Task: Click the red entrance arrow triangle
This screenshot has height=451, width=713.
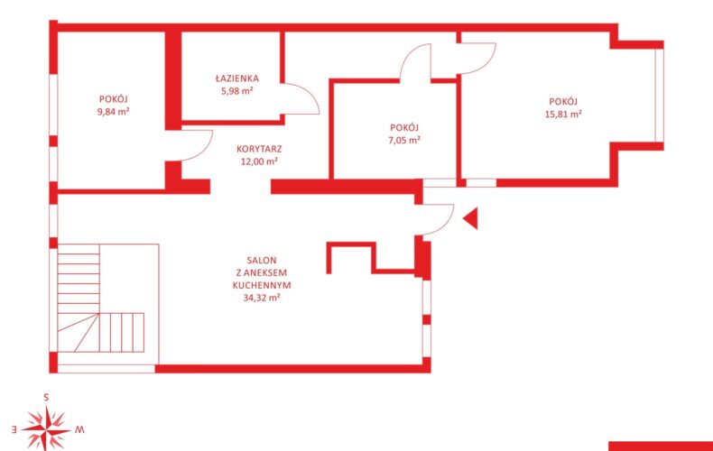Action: (472, 218)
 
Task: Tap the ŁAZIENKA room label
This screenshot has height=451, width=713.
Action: (236, 78)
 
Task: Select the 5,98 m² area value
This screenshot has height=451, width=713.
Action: (236, 90)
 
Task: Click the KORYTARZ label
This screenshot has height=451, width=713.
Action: (259, 149)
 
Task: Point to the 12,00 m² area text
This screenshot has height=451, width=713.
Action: (259, 161)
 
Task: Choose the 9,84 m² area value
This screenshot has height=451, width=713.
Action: (113, 111)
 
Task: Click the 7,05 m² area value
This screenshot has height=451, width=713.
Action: (404, 140)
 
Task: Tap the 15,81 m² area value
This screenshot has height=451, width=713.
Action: (563, 115)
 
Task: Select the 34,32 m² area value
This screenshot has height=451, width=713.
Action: (262, 298)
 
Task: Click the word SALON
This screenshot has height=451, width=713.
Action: (262, 261)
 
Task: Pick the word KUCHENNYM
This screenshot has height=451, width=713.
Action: (262, 286)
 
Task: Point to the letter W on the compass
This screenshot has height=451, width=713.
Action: (79, 428)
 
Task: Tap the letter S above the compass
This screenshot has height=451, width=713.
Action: (46, 398)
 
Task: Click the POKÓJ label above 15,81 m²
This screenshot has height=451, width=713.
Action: (563, 101)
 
